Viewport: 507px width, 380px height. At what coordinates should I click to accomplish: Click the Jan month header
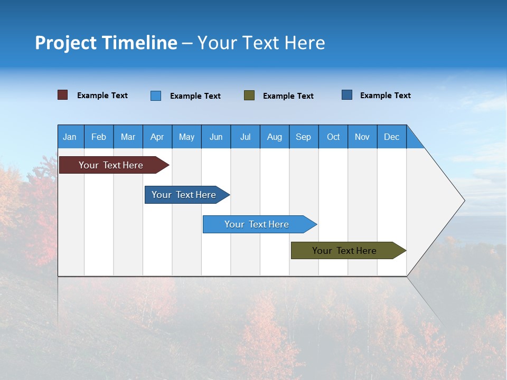click(70, 137)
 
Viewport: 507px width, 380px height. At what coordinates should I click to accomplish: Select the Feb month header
click(99, 137)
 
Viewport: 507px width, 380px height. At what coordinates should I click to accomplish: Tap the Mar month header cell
click(128, 137)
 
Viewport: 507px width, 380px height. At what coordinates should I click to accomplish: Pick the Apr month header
click(157, 137)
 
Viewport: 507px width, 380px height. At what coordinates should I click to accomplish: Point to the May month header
click(186, 137)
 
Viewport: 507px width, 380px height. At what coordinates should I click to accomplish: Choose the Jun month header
click(216, 137)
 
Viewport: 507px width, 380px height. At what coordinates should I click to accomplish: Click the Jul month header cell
click(245, 137)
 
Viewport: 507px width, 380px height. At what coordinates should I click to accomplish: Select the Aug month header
click(275, 137)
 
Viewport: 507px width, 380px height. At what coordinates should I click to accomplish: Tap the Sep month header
click(304, 137)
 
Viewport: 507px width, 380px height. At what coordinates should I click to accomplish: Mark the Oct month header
click(333, 137)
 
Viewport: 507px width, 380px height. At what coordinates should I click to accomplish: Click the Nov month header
click(362, 137)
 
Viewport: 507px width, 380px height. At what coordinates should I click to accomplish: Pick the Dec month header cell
click(392, 137)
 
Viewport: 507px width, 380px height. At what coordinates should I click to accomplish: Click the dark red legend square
click(63, 95)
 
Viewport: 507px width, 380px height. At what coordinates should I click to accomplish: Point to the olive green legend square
click(249, 96)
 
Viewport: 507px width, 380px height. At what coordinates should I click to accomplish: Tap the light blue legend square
click(156, 96)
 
